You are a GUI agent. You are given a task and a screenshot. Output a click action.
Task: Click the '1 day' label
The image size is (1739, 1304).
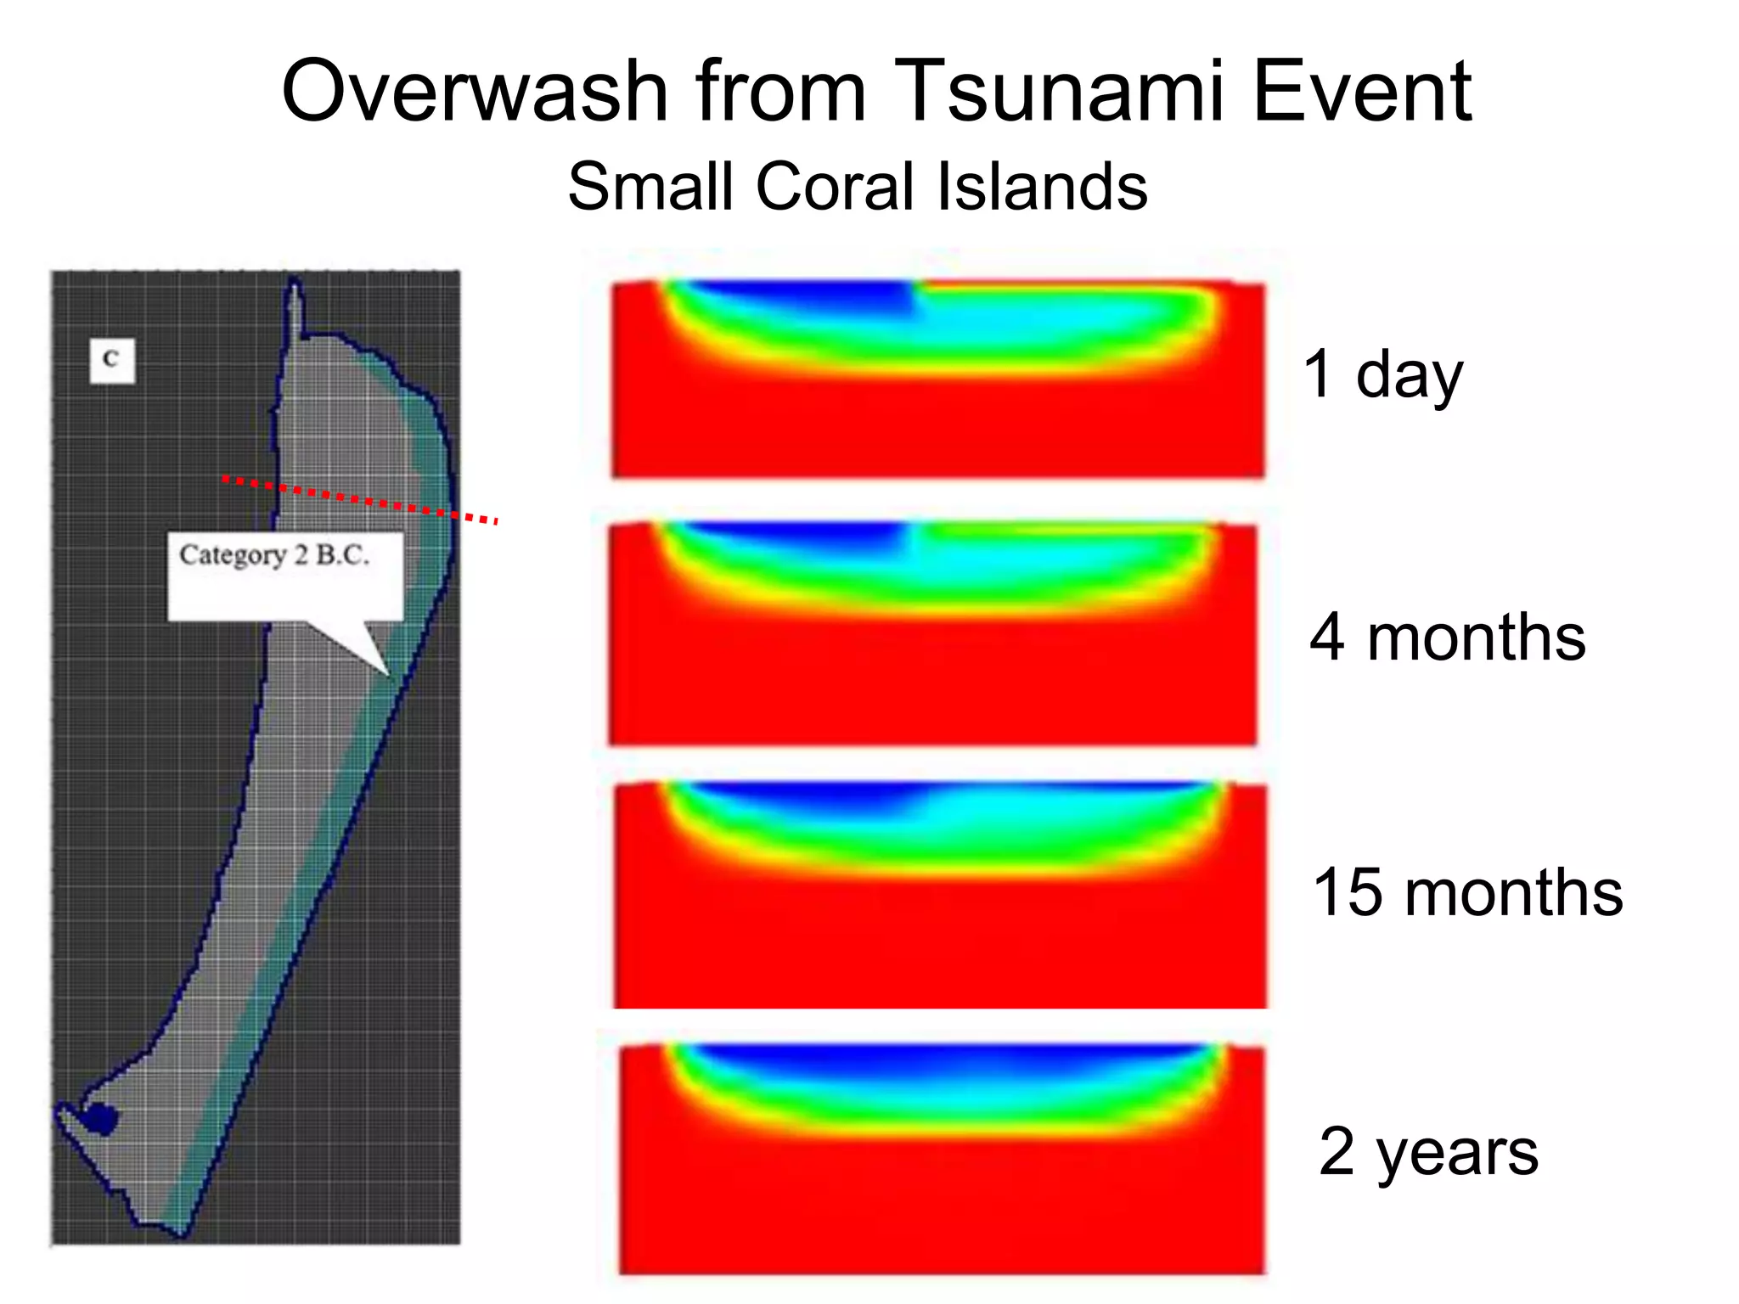point(1382,375)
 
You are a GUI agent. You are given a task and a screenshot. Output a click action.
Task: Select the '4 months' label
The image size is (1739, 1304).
point(1447,638)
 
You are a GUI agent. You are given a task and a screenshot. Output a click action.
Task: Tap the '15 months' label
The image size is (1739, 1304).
point(1466,893)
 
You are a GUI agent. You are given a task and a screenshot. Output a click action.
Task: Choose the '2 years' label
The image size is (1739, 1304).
point(1428,1153)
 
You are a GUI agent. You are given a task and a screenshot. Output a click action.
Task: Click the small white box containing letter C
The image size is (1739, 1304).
point(111,360)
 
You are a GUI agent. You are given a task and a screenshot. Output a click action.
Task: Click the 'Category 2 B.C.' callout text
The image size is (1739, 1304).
point(274,556)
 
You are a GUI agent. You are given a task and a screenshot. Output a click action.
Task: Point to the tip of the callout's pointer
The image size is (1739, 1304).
point(389,676)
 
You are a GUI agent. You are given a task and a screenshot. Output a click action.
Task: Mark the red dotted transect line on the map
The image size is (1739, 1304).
point(357,499)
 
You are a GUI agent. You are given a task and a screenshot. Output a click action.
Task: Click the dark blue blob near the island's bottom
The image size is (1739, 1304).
point(99,1119)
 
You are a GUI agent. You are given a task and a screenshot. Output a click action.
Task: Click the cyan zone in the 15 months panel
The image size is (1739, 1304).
point(1019,811)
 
